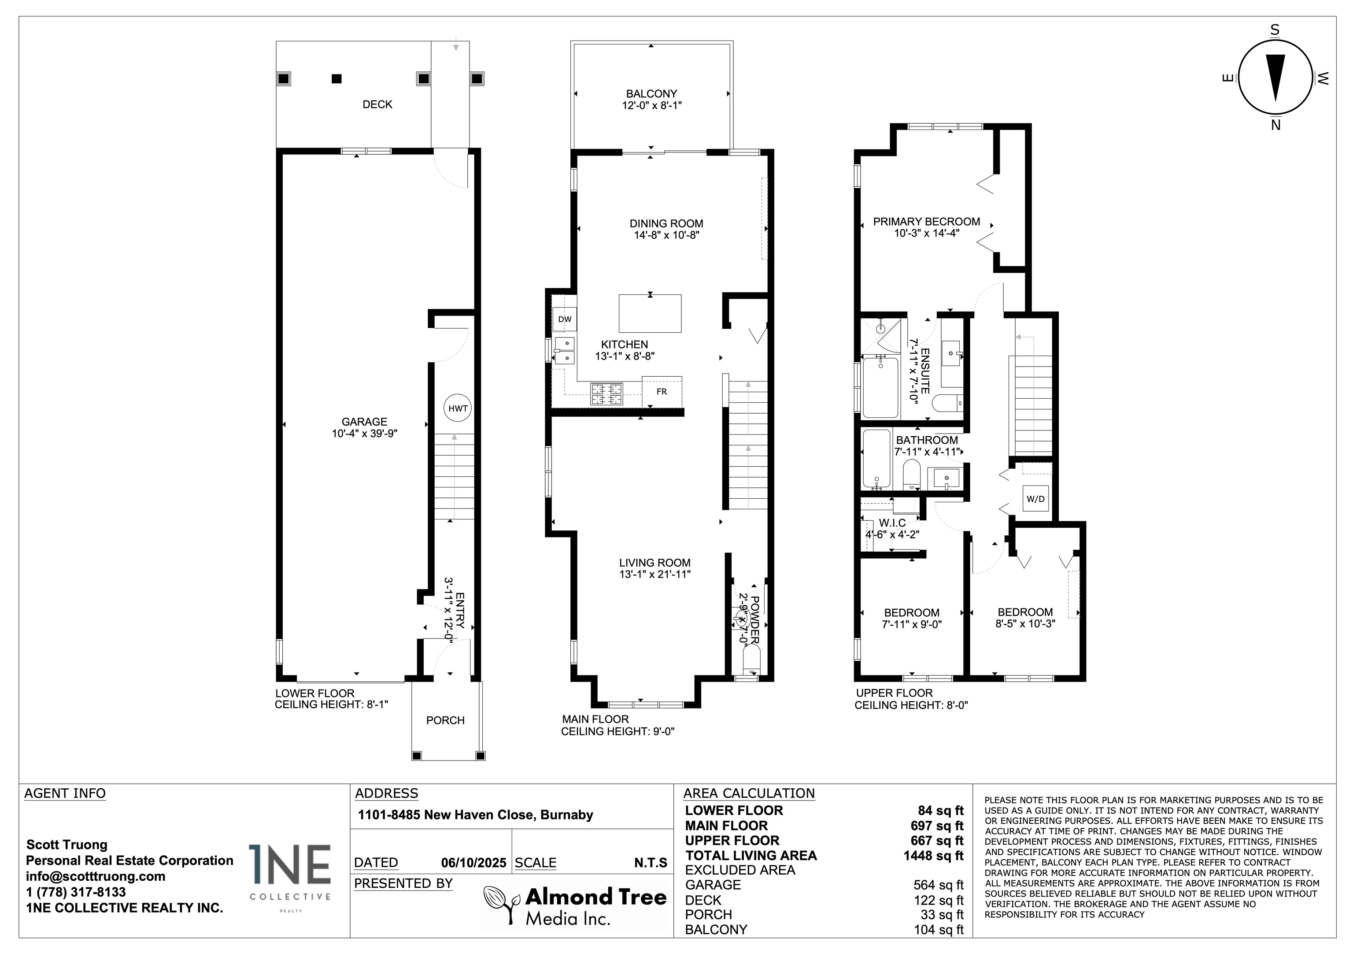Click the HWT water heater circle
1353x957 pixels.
click(x=458, y=408)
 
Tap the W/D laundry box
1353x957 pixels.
click(x=1035, y=499)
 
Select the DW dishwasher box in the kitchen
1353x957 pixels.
click(x=565, y=319)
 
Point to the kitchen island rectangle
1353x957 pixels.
click(x=650, y=314)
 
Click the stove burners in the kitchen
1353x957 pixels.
click(x=607, y=394)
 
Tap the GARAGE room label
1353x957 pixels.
click(x=364, y=422)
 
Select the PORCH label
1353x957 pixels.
click(x=446, y=720)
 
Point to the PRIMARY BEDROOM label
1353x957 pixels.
click(x=926, y=222)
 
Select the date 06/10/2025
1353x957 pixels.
click(x=474, y=863)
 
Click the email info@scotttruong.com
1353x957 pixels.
click(x=96, y=876)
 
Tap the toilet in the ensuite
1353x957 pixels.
click(x=947, y=403)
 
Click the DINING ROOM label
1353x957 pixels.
click(x=666, y=223)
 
